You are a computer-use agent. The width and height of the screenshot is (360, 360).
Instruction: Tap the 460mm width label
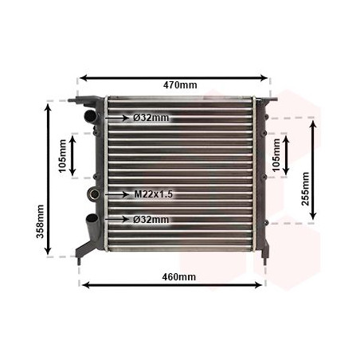click(x=174, y=276)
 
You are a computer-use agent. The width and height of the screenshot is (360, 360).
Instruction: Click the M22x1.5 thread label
click(x=153, y=194)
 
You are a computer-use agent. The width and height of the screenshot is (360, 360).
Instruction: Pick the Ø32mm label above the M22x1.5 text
click(x=151, y=118)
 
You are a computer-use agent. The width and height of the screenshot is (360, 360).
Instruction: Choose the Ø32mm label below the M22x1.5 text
click(x=151, y=219)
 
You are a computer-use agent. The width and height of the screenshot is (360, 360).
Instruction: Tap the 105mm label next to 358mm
click(x=61, y=155)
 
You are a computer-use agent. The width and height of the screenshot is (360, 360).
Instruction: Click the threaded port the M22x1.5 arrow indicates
click(x=95, y=194)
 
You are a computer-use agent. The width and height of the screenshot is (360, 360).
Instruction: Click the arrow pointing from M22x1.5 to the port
click(x=116, y=194)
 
